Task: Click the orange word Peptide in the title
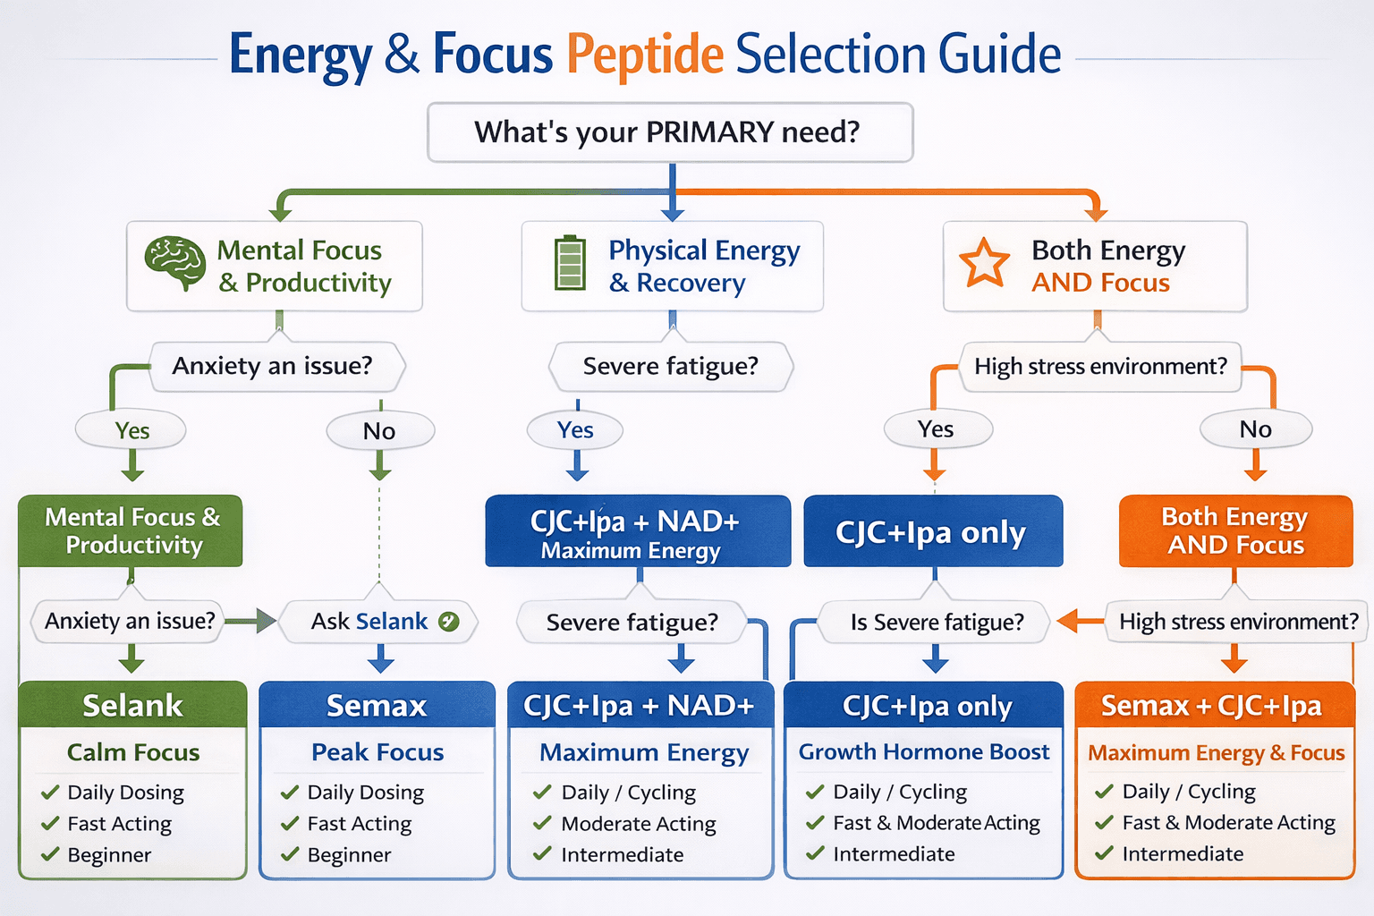(x=644, y=55)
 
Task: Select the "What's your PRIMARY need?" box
(x=669, y=132)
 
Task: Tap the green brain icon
(x=175, y=263)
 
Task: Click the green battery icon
(x=570, y=264)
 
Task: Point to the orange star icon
(x=984, y=264)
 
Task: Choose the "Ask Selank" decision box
(x=379, y=622)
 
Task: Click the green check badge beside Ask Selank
(x=449, y=622)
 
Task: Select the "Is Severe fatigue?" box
(x=936, y=623)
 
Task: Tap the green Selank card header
(x=132, y=705)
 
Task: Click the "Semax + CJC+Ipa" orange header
(x=1212, y=705)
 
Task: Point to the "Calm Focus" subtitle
(x=133, y=752)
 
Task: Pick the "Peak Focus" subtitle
(x=377, y=752)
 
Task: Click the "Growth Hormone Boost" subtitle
(x=923, y=752)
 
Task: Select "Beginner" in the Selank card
(x=109, y=855)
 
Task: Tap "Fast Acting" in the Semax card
(x=359, y=824)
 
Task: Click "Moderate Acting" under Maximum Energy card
(x=638, y=824)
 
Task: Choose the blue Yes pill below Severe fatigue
(x=575, y=430)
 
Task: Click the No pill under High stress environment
(x=1255, y=429)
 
